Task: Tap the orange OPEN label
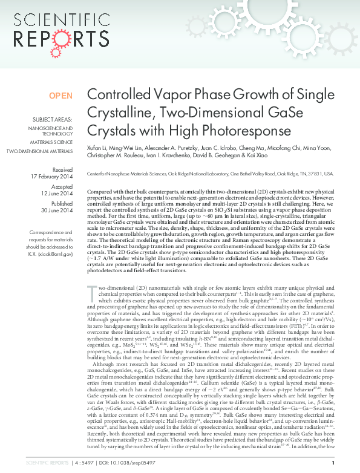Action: point(61,96)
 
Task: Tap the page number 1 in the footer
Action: point(333,463)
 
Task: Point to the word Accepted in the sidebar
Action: point(62,188)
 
